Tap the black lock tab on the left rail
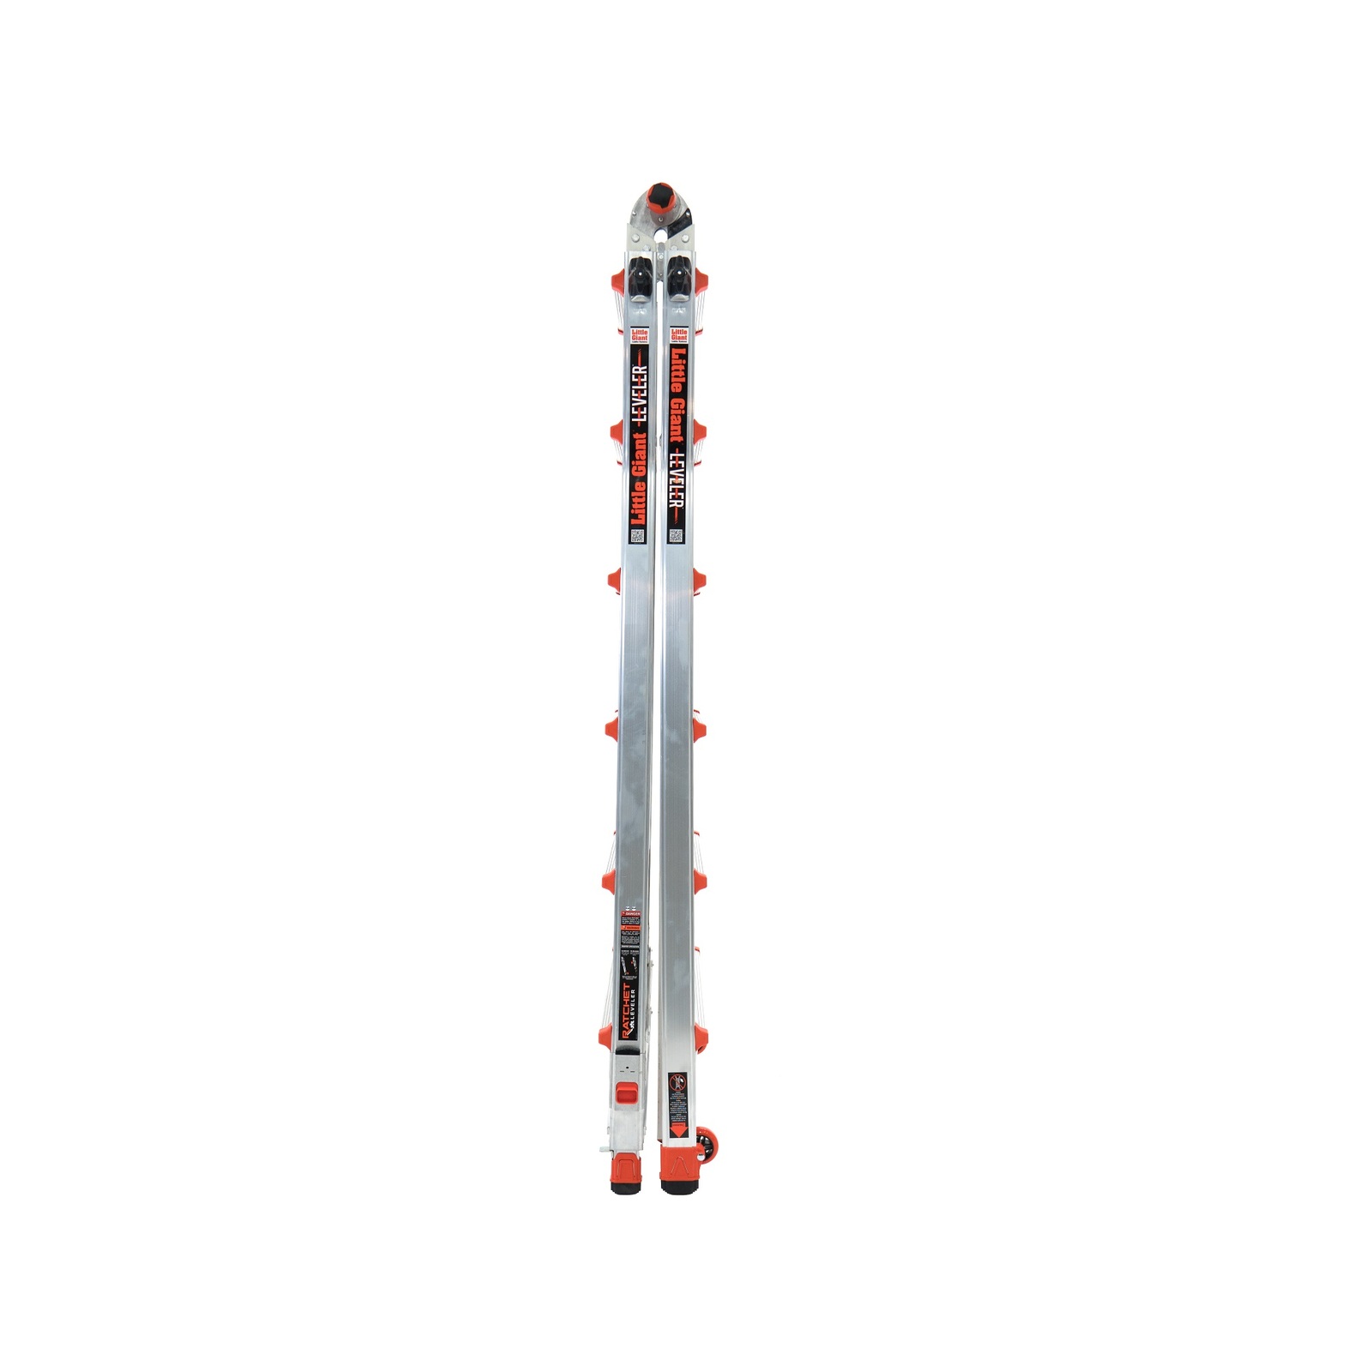pyautogui.click(x=641, y=276)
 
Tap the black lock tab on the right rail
pyautogui.click(x=678, y=276)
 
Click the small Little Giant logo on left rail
pyautogui.click(x=640, y=336)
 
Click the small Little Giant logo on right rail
pyautogui.click(x=679, y=335)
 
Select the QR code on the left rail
pyautogui.click(x=638, y=537)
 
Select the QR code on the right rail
pyautogui.click(x=677, y=537)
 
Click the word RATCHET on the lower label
pyautogui.click(x=624, y=1013)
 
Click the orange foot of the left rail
pyautogui.click(x=627, y=1168)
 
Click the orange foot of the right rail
pyautogui.click(x=679, y=1168)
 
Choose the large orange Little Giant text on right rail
pyautogui.click(x=677, y=395)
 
